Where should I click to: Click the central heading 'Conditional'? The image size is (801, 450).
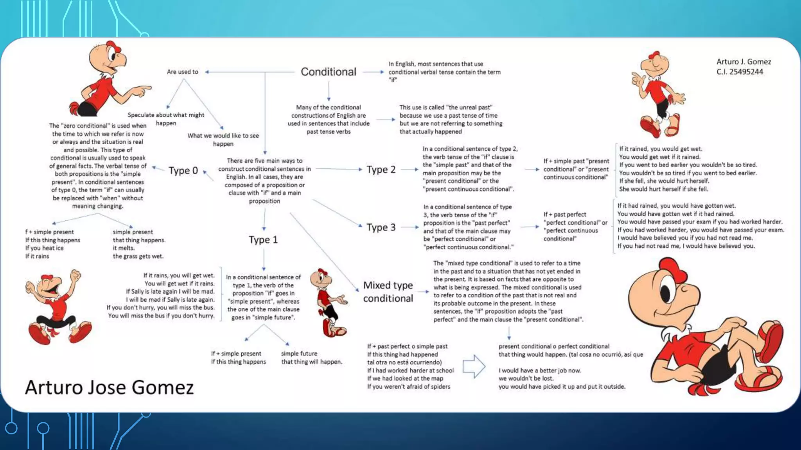click(x=328, y=72)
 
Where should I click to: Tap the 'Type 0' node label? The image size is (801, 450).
click(x=183, y=171)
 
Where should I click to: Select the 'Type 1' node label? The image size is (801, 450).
click(x=263, y=240)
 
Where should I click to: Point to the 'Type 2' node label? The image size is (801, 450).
click(x=381, y=170)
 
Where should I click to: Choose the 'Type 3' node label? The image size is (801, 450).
click(x=381, y=227)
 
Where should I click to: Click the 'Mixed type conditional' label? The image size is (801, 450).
click(x=388, y=292)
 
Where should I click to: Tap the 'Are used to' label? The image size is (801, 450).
click(x=182, y=72)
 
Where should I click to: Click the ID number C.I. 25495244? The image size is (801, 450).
click(x=740, y=72)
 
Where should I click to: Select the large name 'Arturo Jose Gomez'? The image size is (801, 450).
click(x=110, y=387)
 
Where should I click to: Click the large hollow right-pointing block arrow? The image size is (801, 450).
click(x=474, y=366)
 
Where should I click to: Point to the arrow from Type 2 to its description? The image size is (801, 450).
click(x=409, y=170)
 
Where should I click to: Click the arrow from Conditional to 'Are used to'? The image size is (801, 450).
click(x=250, y=72)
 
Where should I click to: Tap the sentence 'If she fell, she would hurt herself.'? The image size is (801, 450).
click(x=664, y=181)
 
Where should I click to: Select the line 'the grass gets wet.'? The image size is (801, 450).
click(x=138, y=256)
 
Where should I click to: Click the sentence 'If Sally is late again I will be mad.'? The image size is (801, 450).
click(x=170, y=291)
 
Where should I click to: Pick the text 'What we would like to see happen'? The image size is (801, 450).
click(x=223, y=140)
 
